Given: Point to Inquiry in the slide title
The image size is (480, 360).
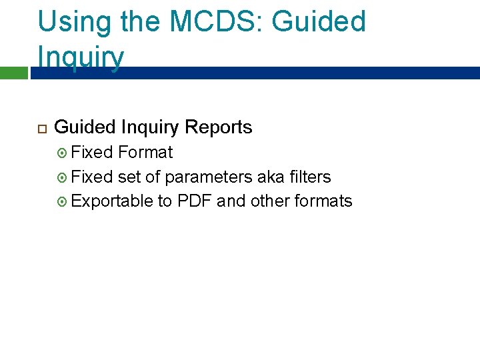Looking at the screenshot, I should tap(81, 57).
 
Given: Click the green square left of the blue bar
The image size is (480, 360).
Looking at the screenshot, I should tap(13, 73).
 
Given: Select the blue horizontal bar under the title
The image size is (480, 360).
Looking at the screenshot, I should tap(253, 73).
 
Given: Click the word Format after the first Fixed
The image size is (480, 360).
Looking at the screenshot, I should tap(145, 152).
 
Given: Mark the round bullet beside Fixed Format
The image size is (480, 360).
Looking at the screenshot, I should tap(62, 153).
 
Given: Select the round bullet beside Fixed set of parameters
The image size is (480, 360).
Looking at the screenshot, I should tap(62, 177).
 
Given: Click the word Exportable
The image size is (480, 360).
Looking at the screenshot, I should tap(111, 201).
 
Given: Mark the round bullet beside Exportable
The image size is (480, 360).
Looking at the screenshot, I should tap(62, 201).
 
